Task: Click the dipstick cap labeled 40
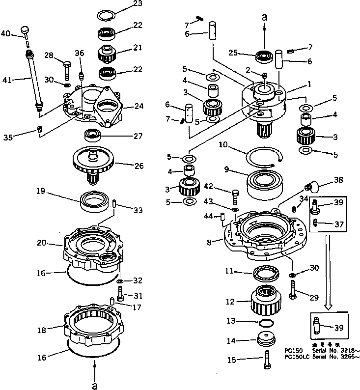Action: point(26,33)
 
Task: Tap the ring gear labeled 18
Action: point(96,323)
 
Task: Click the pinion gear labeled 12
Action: point(266,300)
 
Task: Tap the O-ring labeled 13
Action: point(266,323)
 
